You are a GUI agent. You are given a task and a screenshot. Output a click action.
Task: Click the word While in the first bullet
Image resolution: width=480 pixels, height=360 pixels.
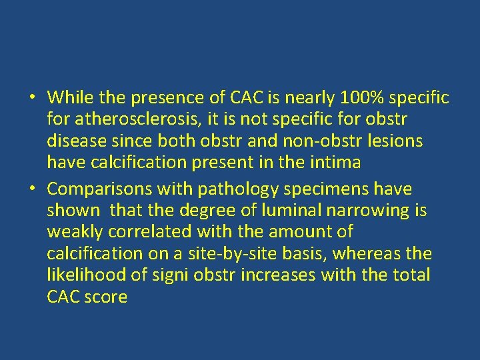pos(71,98)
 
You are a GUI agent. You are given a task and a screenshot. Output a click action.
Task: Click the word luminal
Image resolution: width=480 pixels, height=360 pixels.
pos(285,211)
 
